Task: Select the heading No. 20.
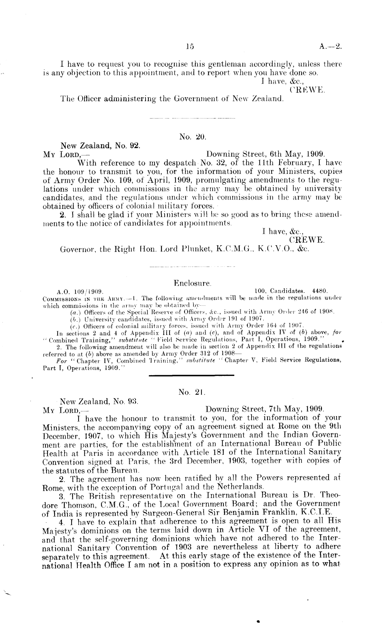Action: tap(193, 137)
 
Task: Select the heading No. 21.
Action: tap(192, 392)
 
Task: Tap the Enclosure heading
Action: tap(193, 283)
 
